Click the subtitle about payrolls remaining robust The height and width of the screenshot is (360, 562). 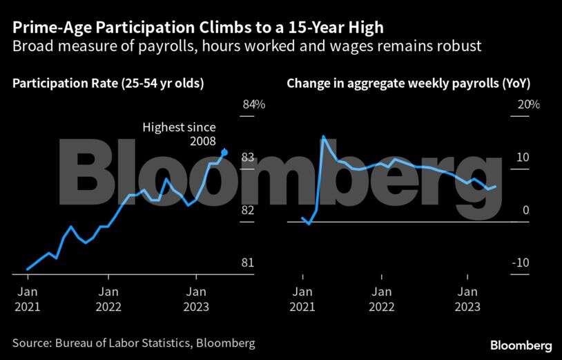(246, 46)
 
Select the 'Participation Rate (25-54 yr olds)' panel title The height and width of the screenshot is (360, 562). (108, 84)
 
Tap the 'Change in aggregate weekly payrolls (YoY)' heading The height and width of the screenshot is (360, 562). (413, 84)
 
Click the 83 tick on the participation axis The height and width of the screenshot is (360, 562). (248, 158)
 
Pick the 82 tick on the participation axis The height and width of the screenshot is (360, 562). (248, 210)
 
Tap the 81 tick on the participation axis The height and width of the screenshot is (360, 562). (248, 263)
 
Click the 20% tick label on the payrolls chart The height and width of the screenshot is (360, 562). (528, 104)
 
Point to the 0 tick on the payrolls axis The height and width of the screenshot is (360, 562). (525, 210)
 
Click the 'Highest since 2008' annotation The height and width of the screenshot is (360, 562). (180, 134)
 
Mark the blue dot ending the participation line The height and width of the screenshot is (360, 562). (224, 152)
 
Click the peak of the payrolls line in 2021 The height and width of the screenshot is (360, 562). (323, 137)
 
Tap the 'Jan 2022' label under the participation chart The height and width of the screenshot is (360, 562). (108, 299)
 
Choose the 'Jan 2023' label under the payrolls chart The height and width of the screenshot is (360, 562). (469, 299)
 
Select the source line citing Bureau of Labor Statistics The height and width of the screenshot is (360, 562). (134, 343)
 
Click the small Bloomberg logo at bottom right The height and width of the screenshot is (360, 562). (521, 345)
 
